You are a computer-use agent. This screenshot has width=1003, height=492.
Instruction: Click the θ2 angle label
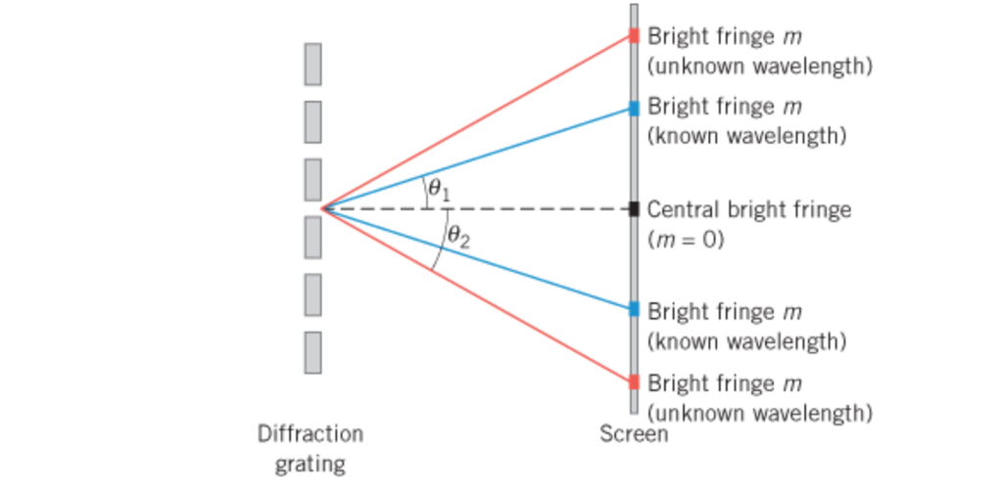tap(458, 237)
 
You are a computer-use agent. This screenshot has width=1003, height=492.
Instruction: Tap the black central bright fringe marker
tap(634, 208)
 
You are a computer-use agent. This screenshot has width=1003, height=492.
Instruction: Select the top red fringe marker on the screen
tap(634, 35)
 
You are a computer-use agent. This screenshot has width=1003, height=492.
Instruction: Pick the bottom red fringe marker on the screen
tap(634, 381)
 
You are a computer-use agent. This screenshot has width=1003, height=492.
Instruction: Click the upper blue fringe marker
tap(634, 108)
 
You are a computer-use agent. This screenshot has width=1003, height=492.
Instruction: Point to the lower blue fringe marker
tap(634, 309)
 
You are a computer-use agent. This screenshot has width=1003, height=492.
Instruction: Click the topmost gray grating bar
tap(312, 65)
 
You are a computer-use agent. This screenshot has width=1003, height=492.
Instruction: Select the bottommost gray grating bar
tap(312, 352)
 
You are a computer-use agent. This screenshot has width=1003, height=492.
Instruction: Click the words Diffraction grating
tap(310, 448)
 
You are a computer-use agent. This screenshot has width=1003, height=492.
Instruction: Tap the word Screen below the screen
tap(634, 434)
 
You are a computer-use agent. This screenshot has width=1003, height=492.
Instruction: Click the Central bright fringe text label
tap(749, 209)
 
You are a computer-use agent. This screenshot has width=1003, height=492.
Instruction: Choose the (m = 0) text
tap(686, 239)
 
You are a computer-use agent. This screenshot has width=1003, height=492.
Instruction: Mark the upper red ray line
tap(480, 121)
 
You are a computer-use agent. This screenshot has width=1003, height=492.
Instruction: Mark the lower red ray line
tap(480, 295)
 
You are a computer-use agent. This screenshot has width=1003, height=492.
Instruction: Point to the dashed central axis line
tap(529, 208)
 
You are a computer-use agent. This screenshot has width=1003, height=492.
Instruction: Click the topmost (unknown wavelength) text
tap(759, 67)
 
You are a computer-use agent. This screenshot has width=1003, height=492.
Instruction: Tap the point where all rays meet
tap(323, 207)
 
